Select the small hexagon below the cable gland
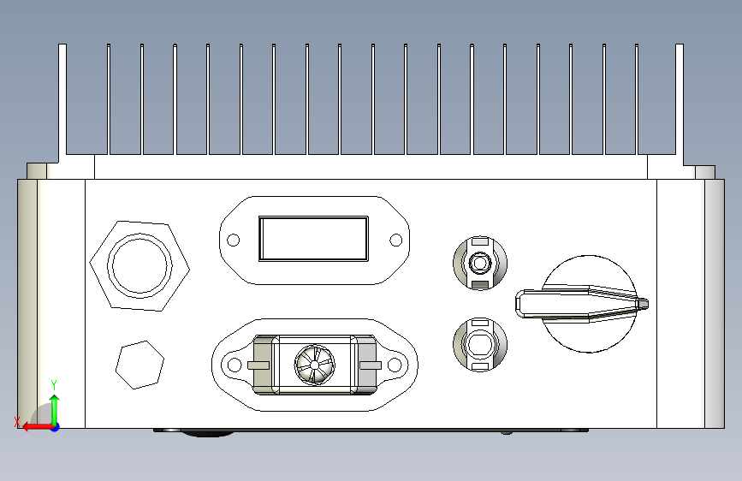139,365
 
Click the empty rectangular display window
314,238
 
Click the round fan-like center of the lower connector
313,365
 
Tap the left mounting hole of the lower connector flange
232,365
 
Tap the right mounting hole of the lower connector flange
395,365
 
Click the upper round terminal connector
480,261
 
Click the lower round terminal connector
480,344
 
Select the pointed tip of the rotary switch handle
644,302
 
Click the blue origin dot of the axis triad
55,425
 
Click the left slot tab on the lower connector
257,365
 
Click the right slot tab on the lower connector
370,365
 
